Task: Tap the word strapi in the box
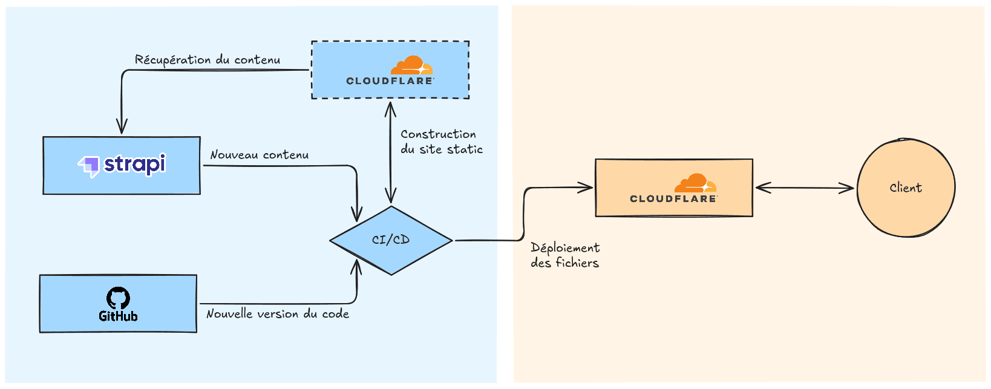point(134,164)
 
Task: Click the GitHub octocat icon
point(118,298)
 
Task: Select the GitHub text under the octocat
point(118,316)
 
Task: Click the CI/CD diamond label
point(391,240)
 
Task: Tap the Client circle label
point(906,188)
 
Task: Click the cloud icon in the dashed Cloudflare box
point(411,65)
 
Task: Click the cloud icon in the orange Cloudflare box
point(695,183)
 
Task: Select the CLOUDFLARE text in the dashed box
point(390,81)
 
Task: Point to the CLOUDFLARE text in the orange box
point(673,198)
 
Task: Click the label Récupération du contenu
point(208,60)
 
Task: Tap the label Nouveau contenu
point(259,155)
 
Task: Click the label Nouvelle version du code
point(278,314)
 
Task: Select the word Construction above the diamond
point(438,134)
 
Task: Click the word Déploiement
point(565,248)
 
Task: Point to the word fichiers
point(577,263)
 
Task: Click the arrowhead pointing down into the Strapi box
point(122,127)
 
